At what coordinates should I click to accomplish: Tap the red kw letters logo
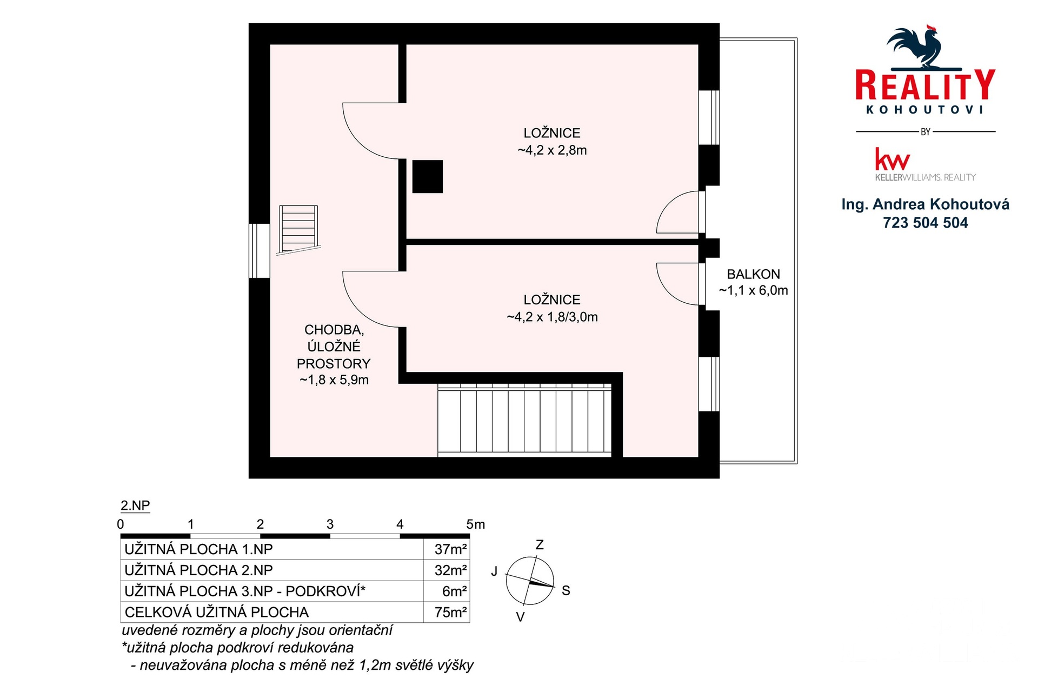[892, 159]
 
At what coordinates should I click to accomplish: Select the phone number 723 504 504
[925, 223]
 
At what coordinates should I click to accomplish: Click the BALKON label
[753, 274]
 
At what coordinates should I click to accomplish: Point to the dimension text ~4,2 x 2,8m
[552, 150]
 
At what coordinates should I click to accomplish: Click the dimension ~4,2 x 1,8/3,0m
[552, 317]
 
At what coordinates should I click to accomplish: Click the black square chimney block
[428, 177]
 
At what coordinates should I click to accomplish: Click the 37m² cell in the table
[450, 549]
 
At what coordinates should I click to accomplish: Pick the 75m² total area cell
[450, 612]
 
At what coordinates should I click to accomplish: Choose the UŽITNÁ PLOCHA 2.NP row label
[198, 570]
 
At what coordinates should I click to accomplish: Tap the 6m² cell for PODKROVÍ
[454, 591]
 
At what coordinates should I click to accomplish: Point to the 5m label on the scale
[475, 524]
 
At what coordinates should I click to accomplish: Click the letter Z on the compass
[539, 545]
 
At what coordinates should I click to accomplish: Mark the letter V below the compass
[520, 617]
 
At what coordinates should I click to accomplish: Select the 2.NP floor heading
[135, 505]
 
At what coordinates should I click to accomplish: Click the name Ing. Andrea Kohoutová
[925, 204]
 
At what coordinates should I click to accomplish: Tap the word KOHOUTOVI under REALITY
[924, 110]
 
